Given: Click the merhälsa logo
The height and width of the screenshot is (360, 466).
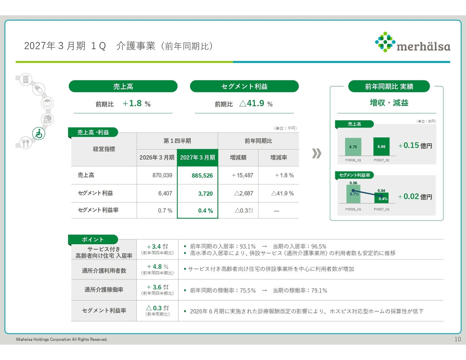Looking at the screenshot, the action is [412, 42].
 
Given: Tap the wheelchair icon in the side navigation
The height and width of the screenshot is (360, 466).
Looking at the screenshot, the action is [39, 133].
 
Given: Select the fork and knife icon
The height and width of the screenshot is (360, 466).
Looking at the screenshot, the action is [26, 143].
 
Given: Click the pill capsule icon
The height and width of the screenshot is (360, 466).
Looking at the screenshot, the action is [39, 89].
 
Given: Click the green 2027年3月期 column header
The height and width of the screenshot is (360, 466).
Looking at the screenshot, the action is [198, 158].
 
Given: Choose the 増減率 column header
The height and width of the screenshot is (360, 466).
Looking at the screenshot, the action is [279, 158].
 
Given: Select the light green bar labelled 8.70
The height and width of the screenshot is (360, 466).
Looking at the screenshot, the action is [353, 147].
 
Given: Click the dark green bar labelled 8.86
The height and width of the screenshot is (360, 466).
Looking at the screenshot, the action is [381, 146].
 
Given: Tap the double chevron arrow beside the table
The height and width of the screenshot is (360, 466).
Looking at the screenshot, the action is [316, 153].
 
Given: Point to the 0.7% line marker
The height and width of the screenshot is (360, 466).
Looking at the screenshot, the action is [353, 190].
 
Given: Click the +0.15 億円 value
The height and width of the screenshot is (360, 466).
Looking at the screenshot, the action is [415, 146].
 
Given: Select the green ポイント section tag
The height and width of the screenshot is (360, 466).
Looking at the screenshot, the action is [93, 240].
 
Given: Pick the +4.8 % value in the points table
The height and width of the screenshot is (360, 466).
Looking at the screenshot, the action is [158, 266].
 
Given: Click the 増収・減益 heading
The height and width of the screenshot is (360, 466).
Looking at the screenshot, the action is [389, 103].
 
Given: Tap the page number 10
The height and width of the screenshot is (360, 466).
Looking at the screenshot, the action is [458, 339].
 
